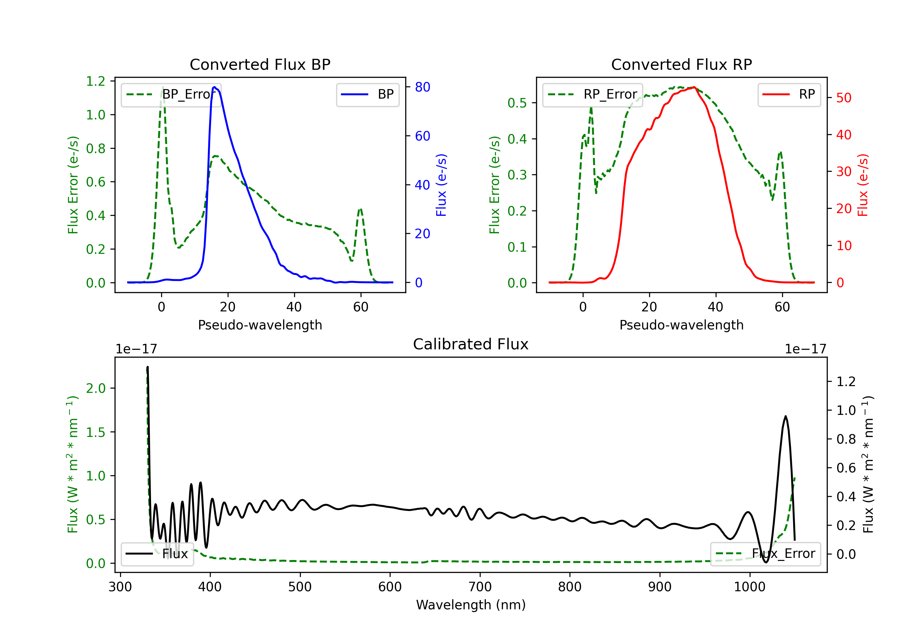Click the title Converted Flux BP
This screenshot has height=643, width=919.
coord(260,64)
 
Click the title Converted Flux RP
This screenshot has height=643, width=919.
coord(681,64)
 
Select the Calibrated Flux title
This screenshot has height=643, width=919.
coord(471,344)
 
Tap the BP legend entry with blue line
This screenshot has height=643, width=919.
coord(367,94)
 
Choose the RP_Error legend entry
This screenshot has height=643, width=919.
coord(592,94)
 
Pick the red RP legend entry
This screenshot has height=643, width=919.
coord(789,94)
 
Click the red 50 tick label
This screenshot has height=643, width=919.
coord(844,98)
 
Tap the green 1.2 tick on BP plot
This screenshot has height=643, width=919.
coord(96,81)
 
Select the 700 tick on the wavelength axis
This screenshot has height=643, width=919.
coord(480,587)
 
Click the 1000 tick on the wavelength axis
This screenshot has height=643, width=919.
coord(750,587)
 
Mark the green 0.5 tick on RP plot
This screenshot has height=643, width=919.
coord(517,103)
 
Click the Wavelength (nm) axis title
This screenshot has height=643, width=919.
coord(471,605)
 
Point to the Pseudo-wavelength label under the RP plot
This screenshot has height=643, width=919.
coord(681,325)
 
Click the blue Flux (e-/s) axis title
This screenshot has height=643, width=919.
coord(441,185)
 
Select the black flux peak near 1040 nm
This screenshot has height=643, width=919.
coord(786,416)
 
